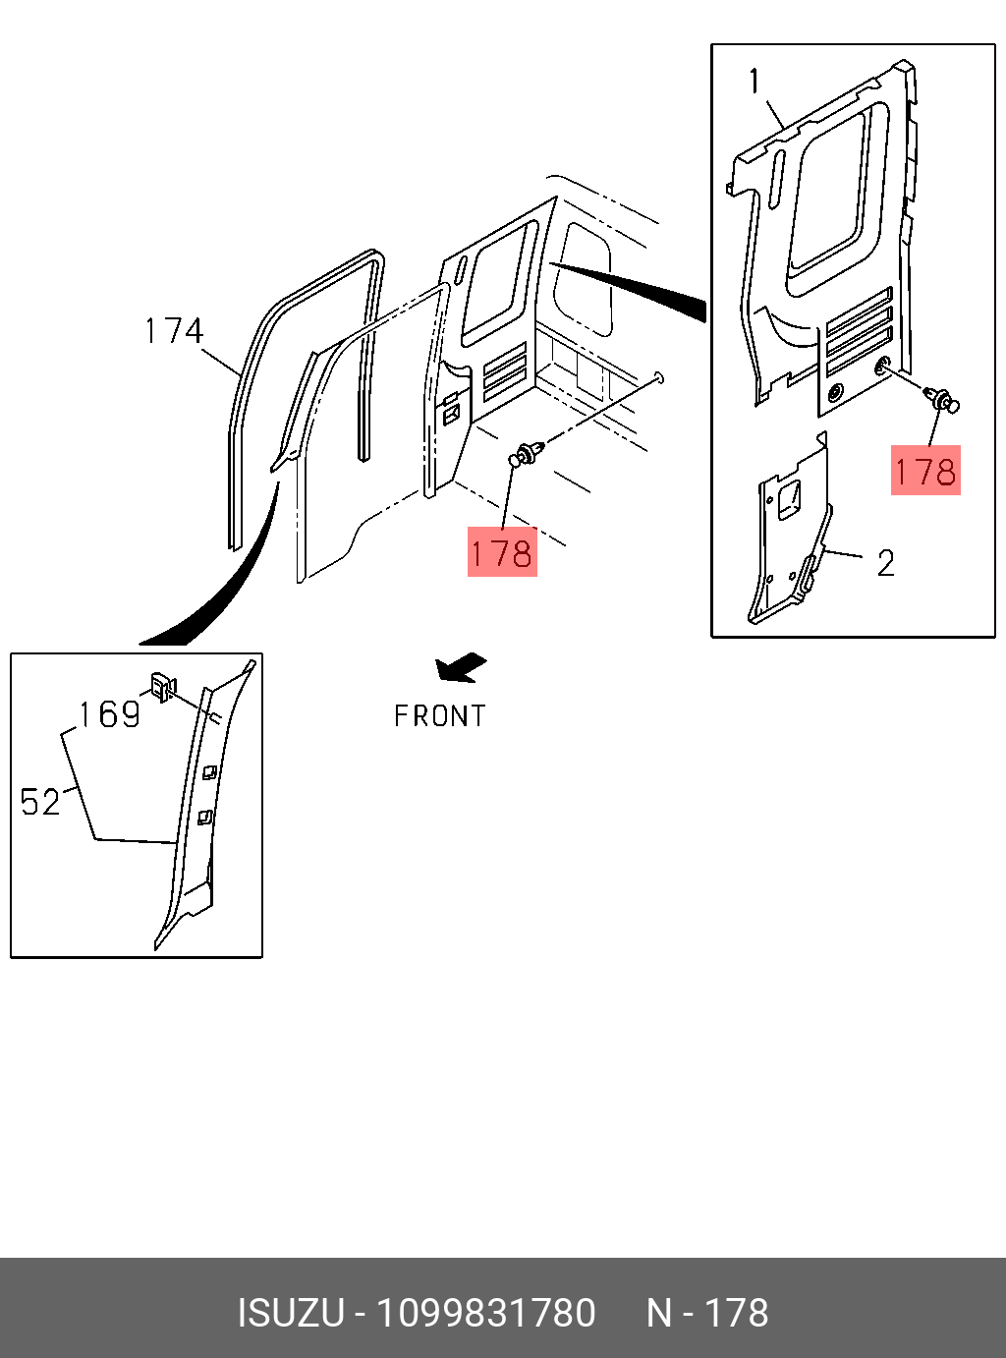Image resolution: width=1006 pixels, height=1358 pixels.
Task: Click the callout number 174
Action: pos(174,331)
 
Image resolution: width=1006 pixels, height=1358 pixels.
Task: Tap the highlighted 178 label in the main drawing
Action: pos(502,553)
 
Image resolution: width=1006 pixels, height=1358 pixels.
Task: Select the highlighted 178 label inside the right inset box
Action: pos(925,472)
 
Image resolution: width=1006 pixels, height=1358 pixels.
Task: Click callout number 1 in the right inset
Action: pos(754,81)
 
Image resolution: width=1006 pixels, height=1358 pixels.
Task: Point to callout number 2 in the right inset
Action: pos(885,563)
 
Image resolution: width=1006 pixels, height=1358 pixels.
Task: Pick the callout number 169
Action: pos(109,714)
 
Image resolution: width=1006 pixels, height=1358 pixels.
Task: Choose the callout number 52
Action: pos(40,802)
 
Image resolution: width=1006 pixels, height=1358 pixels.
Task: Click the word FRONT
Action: pos(440,716)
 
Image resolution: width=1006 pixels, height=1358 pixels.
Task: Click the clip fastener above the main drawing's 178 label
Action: pos(526,454)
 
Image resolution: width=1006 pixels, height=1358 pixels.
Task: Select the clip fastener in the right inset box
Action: pos(944,401)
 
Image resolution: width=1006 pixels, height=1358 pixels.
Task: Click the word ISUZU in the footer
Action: pos(290,1313)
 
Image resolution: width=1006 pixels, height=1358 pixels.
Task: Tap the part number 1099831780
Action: pos(486,1313)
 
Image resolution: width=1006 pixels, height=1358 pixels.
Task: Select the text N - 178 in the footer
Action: pos(707,1313)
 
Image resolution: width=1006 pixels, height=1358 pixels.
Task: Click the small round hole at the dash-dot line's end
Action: pos(659,376)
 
